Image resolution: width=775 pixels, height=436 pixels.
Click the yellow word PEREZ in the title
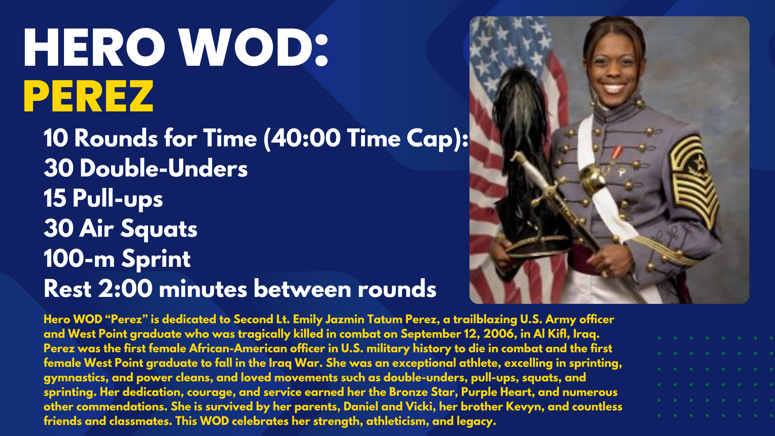click(x=88, y=96)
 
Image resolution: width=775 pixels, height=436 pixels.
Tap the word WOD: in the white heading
click(x=254, y=48)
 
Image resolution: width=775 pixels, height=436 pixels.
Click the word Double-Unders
click(x=164, y=169)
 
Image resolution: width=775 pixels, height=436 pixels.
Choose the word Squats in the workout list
click(x=159, y=229)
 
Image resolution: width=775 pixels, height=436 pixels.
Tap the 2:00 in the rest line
click(x=125, y=289)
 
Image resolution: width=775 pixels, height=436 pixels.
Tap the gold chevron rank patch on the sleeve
click(x=692, y=180)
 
